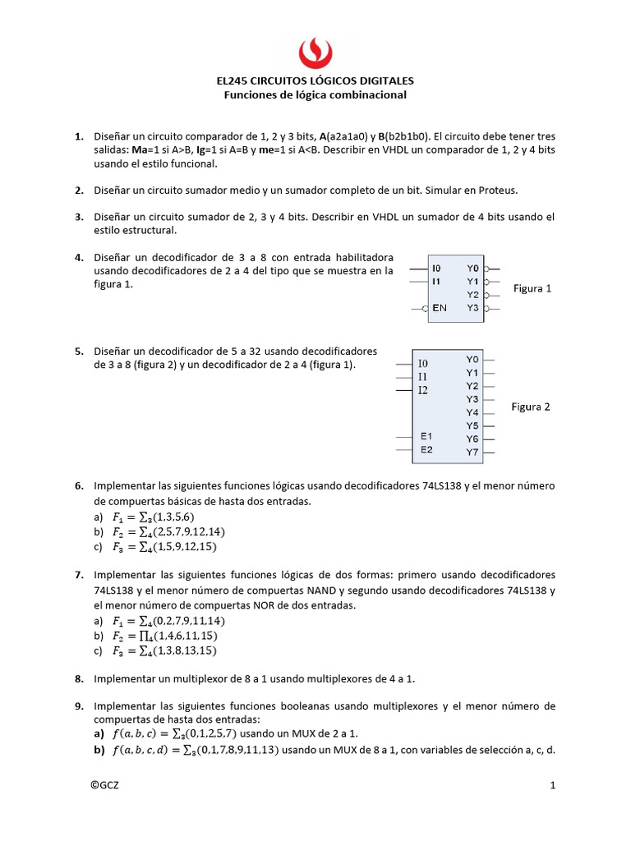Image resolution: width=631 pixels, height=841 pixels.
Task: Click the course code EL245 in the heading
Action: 233,81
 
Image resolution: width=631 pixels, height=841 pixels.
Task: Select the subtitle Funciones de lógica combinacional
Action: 315,95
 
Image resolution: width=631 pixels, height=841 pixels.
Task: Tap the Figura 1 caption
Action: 532,288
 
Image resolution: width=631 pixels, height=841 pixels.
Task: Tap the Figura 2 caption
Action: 531,407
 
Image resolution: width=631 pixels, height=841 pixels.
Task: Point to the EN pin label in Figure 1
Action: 439,308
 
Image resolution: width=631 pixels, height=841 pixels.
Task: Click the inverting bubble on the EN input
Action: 425,308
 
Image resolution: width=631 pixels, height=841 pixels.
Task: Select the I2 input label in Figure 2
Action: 423,389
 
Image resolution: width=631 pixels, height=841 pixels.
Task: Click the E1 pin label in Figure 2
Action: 426,435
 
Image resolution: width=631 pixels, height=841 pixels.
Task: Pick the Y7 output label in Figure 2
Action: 472,452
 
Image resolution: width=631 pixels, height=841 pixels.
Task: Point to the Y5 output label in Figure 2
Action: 472,425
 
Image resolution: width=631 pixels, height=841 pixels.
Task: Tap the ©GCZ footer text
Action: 105,785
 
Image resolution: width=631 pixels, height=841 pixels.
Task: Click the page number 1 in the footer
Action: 553,785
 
